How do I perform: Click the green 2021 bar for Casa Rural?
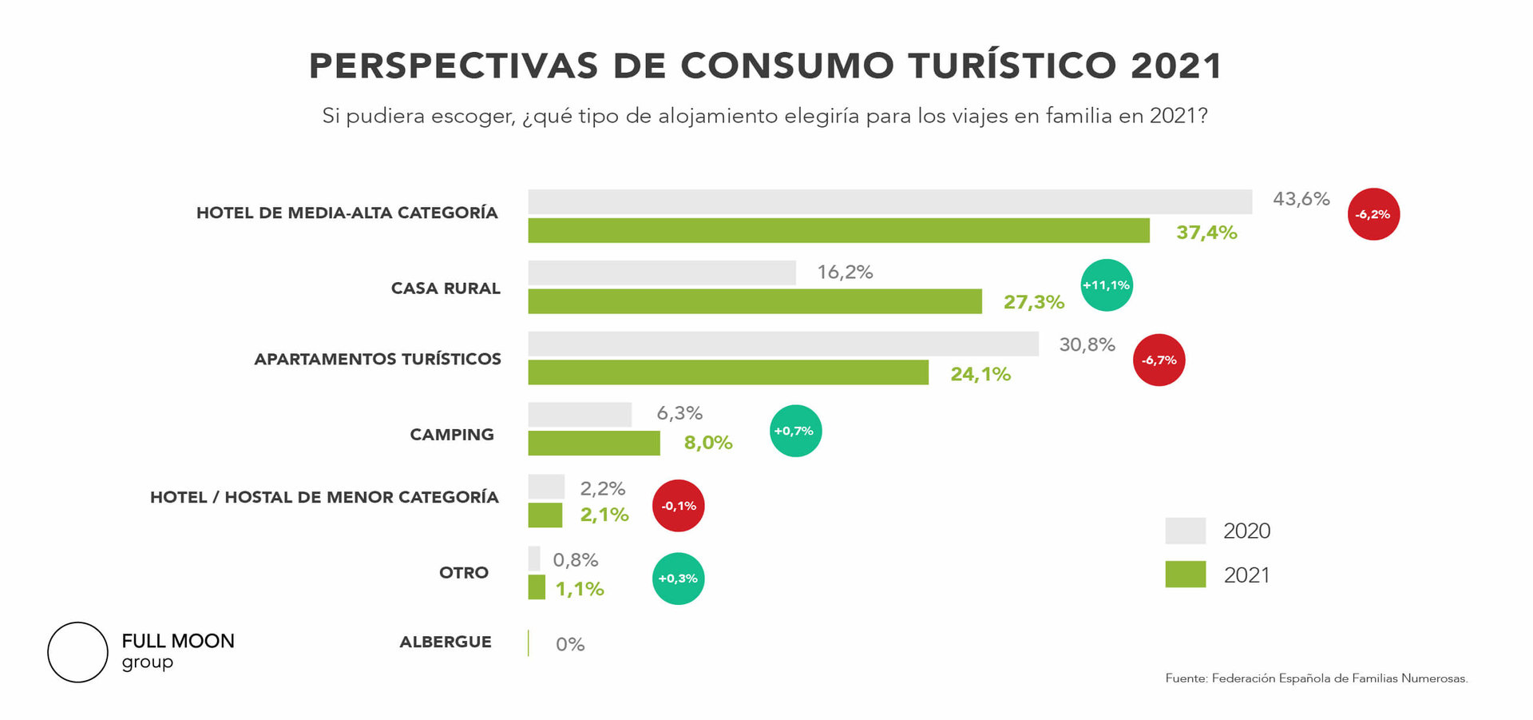coord(755,301)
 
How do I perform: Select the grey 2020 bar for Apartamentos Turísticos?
coord(782,344)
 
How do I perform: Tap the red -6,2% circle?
coord(1373,214)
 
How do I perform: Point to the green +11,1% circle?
coord(1106,285)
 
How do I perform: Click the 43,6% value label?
coord(1301,199)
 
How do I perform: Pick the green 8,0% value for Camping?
coord(707,443)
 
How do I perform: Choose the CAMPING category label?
coord(452,435)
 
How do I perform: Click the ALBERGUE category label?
coord(446,642)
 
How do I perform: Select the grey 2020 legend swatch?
coord(1185,531)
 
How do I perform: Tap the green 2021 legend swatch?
coord(1185,575)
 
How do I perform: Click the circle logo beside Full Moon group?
coord(77,652)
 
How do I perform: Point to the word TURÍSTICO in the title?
coord(1012,66)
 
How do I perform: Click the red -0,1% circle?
coord(678,506)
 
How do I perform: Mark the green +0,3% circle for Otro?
coord(678,579)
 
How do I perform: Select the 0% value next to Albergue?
coord(570,644)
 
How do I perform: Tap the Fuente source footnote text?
coord(1316,678)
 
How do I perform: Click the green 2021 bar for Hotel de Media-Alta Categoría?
coord(838,231)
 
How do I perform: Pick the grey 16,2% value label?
coord(845,272)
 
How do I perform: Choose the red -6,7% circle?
coord(1159,360)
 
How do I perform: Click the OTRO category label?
coord(464,573)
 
